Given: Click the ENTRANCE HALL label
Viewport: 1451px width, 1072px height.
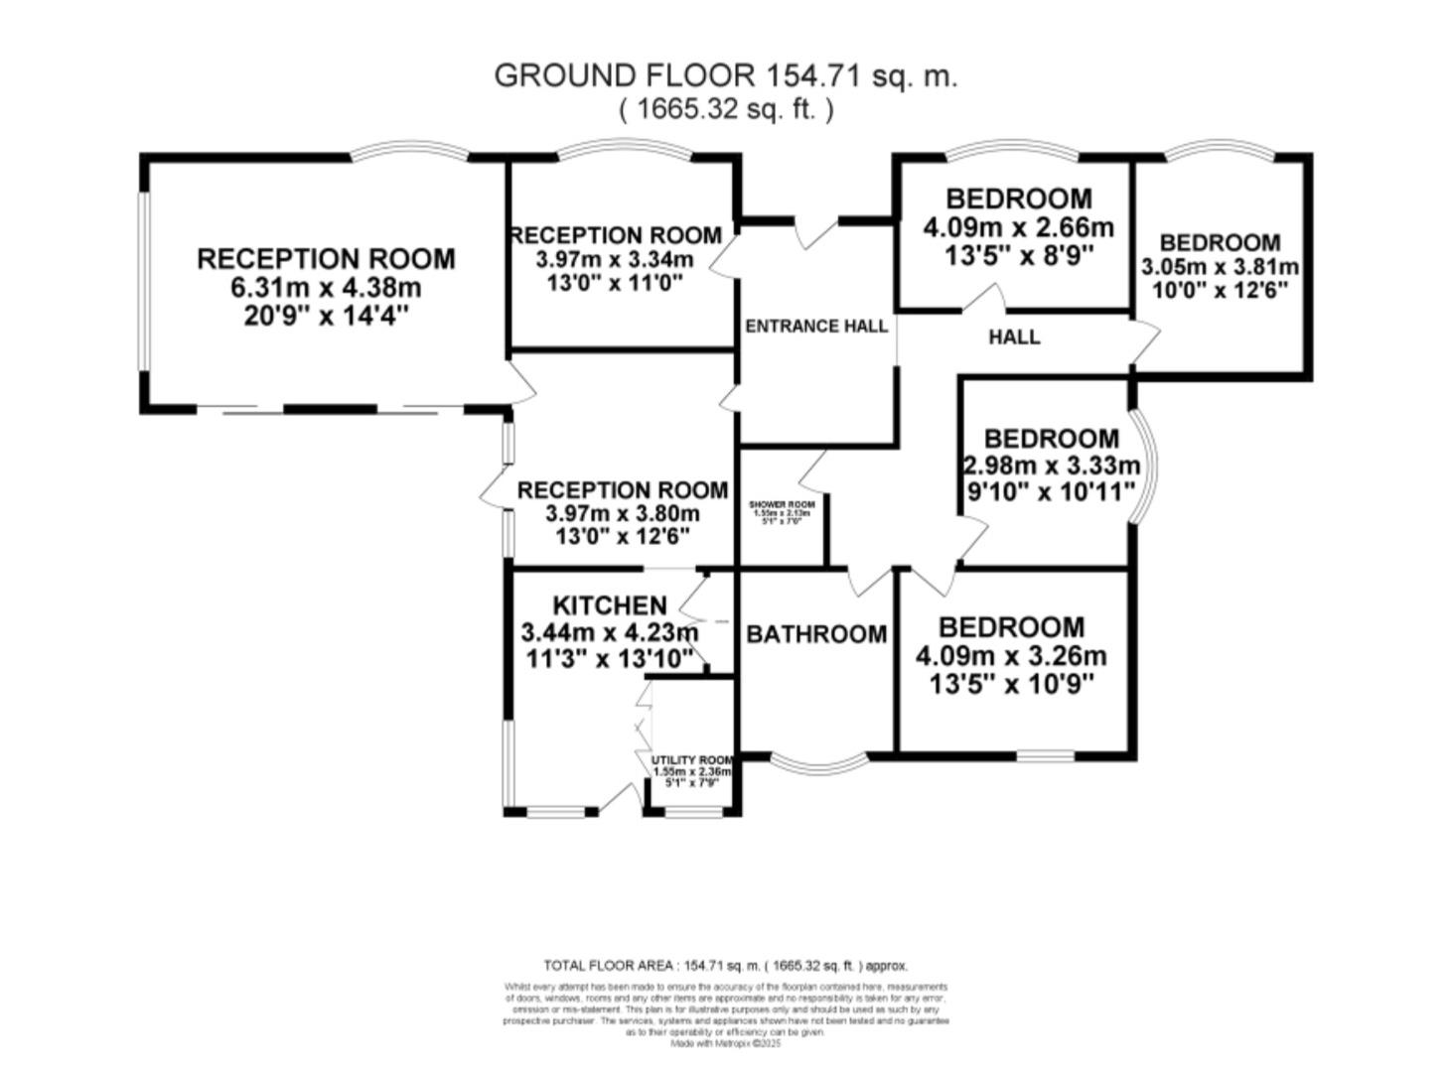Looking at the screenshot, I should point(816,327).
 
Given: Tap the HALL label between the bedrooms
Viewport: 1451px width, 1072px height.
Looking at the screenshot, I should point(1014,337).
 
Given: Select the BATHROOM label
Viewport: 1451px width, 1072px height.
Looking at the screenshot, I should point(816,634).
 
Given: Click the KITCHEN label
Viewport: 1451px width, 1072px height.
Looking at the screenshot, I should point(609,605).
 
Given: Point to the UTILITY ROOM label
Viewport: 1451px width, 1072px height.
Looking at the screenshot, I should point(692,760).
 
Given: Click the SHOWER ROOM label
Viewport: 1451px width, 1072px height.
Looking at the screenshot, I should point(782,505).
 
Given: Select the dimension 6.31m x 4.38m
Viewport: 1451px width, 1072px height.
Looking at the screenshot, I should point(326,289).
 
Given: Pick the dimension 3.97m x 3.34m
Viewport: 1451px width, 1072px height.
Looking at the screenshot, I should point(615,260).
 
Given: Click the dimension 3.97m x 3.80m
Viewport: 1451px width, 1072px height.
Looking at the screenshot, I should point(623,514).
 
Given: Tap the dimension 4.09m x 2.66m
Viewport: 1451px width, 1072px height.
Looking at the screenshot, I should point(1018,228).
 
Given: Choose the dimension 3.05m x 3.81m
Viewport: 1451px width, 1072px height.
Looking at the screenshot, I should point(1220,267).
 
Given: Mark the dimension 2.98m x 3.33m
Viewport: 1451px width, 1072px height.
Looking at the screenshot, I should point(1052,466).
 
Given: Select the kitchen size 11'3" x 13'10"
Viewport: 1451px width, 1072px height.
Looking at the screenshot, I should point(607,659).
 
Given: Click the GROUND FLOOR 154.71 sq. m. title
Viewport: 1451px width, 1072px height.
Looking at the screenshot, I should point(725,76).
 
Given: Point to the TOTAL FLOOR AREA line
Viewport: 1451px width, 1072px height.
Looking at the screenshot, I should point(725,965).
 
